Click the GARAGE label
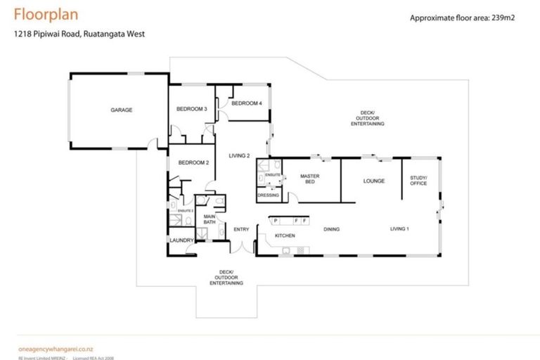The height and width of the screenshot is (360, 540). pos(121,110)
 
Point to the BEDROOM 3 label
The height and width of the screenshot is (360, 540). pos(191,109)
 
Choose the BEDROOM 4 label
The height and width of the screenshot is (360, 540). pos(247,103)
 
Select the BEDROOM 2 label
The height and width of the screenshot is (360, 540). pos(193,162)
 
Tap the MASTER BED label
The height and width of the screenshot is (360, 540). pos(310,179)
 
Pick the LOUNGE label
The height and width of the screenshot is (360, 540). pos(373,181)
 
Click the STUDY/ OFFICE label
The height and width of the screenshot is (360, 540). pos(418,181)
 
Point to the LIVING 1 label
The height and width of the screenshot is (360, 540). pos(400,229)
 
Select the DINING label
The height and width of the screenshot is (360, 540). pos(331,229)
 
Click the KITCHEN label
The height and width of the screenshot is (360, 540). pos(285,235)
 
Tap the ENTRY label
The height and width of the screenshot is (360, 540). pos(241,229)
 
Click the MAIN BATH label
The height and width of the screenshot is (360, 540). pos(210,219)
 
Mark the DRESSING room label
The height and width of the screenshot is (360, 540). pos(268,195)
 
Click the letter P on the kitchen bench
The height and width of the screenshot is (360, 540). pos(276,221)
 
